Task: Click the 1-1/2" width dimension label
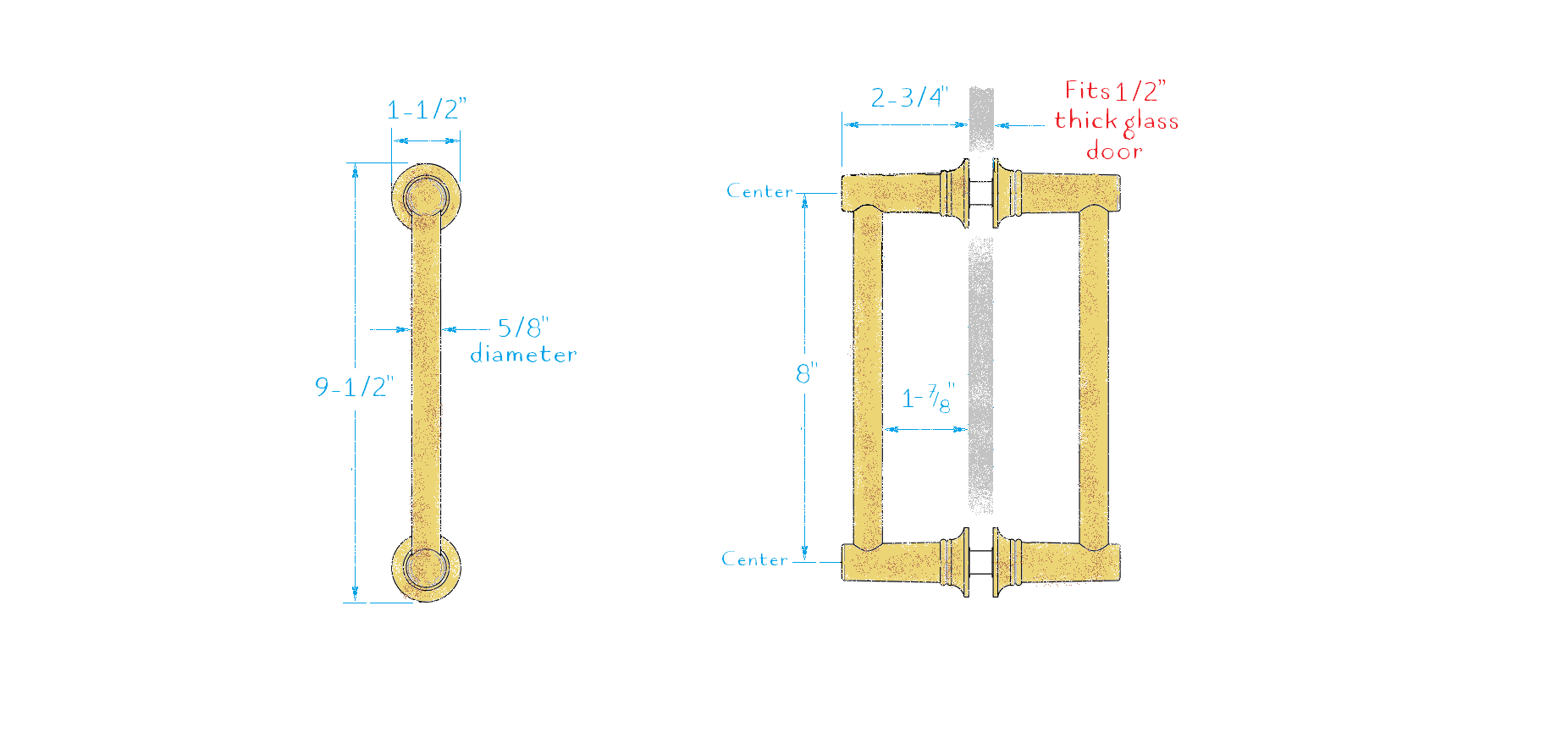tap(426, 109)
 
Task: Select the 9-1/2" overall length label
tap(354, 387)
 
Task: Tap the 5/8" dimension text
tap(522, 328)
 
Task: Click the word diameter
tap(523, 355)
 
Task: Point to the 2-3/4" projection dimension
tap(909, 97)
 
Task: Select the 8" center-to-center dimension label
tap(806, 373)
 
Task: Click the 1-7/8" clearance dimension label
tap(927, 398)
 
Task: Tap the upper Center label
tap(759, 191)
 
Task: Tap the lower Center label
tap(754, 559)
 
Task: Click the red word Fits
tap(1087, 91)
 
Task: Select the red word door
tap(1114, 151)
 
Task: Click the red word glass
tap(1151, 122)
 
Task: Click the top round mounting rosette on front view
tap(426, 196)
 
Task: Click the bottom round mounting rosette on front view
tap(426, 568)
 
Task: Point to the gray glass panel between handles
tap(980, 372)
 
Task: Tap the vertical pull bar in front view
tap(426, 381)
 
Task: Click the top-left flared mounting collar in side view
tap(957, 193)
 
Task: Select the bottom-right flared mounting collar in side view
tap(1006, 562)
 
